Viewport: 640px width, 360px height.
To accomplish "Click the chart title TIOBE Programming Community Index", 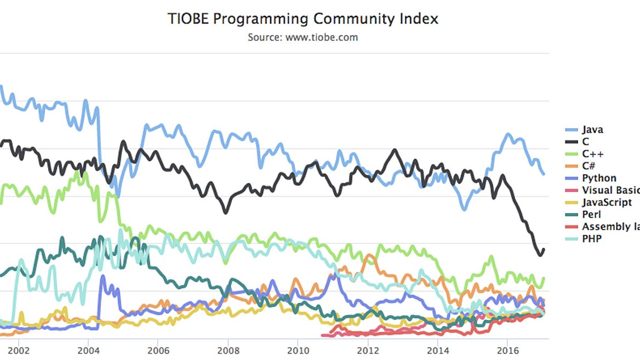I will coord(303,19).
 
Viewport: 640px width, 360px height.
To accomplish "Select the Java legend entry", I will coord(592,130).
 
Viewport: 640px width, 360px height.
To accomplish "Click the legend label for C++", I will coord(593,154).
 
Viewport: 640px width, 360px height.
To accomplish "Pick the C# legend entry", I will coord(591,166).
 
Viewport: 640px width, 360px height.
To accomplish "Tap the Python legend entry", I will coord(599,178).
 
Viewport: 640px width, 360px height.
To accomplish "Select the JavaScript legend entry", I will coord(607,202).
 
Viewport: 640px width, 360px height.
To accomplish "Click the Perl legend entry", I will coord(591,214).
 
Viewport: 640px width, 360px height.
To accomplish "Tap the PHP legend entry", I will coord(591,238).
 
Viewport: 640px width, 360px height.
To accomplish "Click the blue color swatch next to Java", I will coord(572,130).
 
